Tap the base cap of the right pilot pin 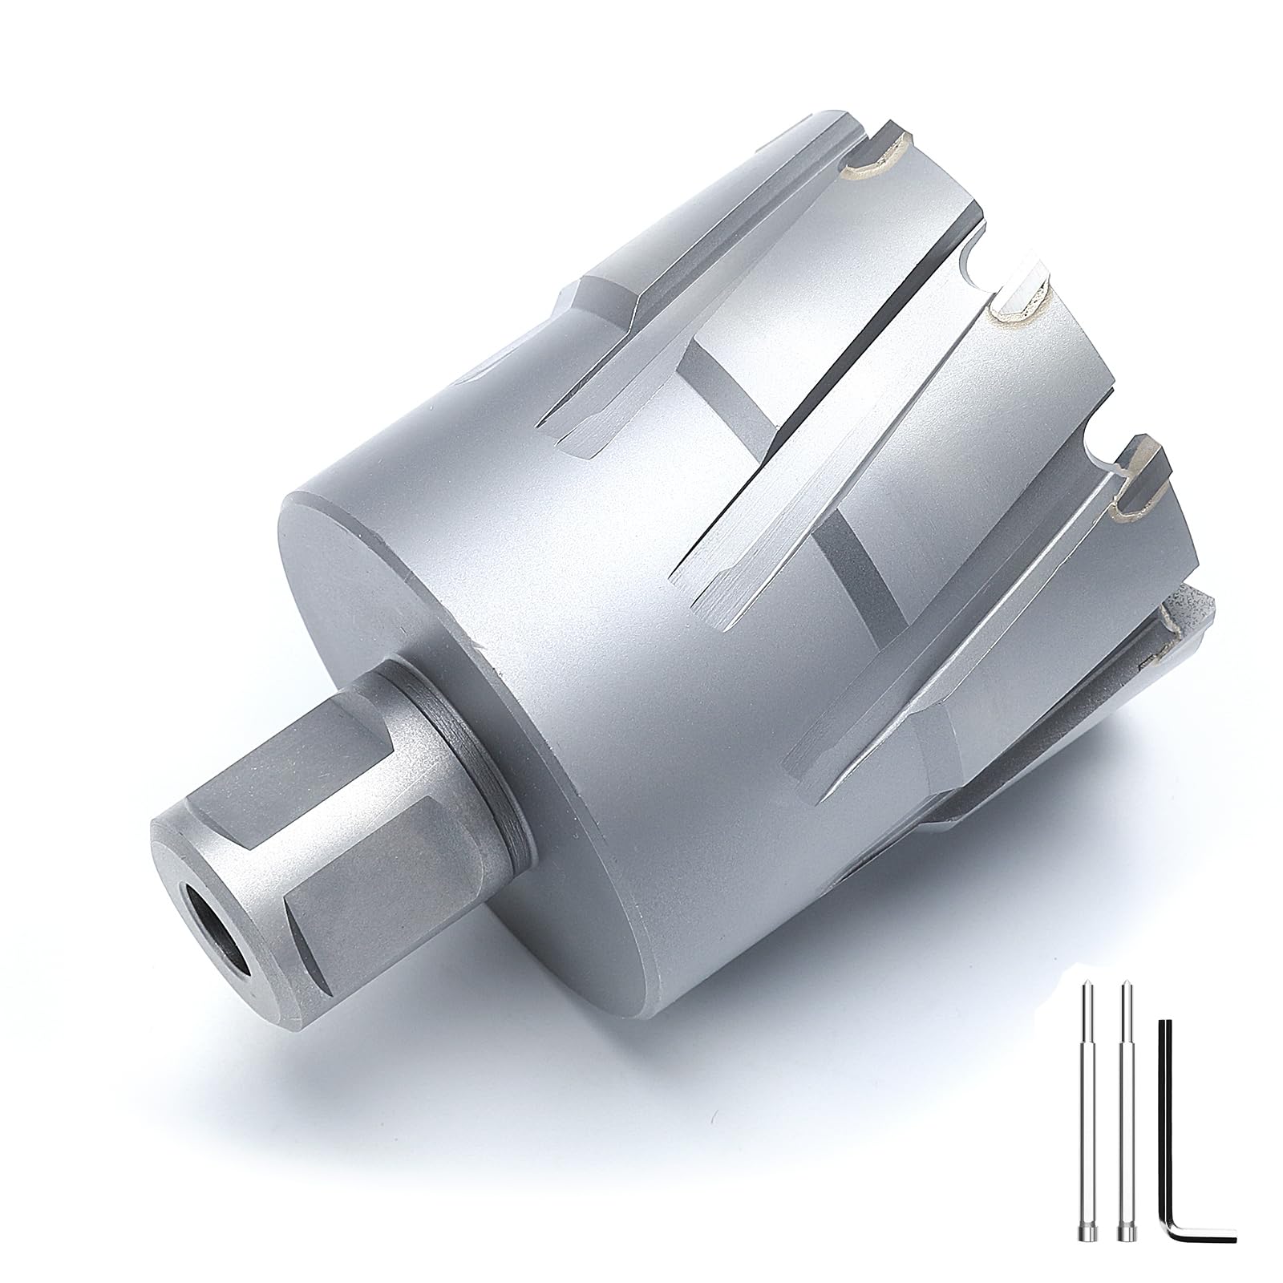pyautogui.click(x=1127, y=1244)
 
